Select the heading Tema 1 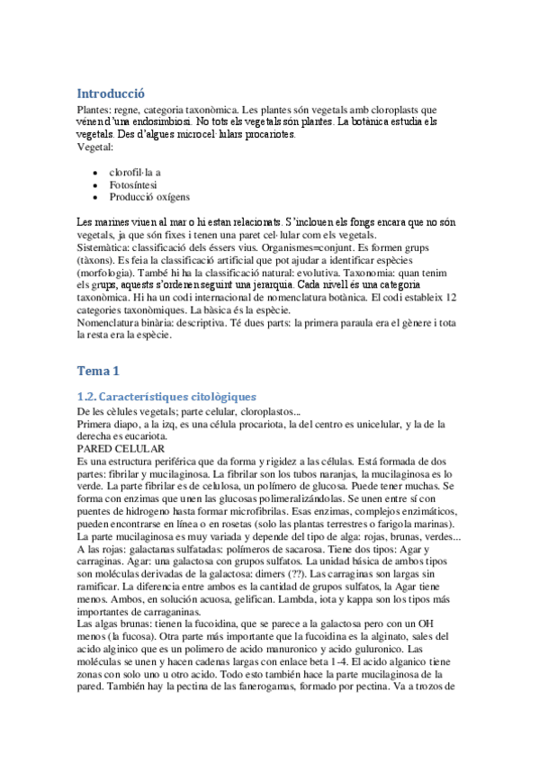coord(97,370)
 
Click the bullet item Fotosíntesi coord(136,184)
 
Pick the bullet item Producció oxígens coord(149,196)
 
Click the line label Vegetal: coord(95,146)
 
